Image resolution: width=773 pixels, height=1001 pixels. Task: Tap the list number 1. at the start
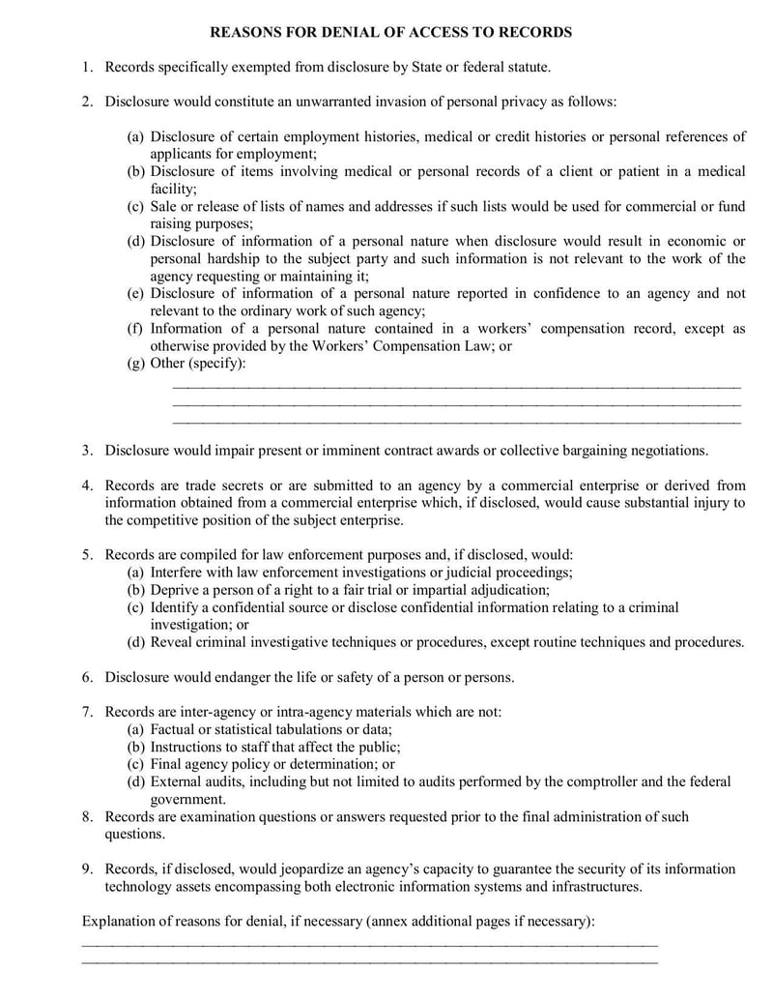(87, 67)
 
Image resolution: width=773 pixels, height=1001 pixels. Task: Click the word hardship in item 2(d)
(230, 258)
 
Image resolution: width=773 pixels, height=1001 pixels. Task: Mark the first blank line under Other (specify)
(456, 385)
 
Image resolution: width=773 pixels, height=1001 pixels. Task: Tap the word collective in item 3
(501, 450)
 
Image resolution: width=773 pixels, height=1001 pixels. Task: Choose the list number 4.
(87, 485)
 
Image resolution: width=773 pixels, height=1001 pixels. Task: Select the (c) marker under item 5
(136, 607)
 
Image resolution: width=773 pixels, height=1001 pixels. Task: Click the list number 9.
(87, 869)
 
